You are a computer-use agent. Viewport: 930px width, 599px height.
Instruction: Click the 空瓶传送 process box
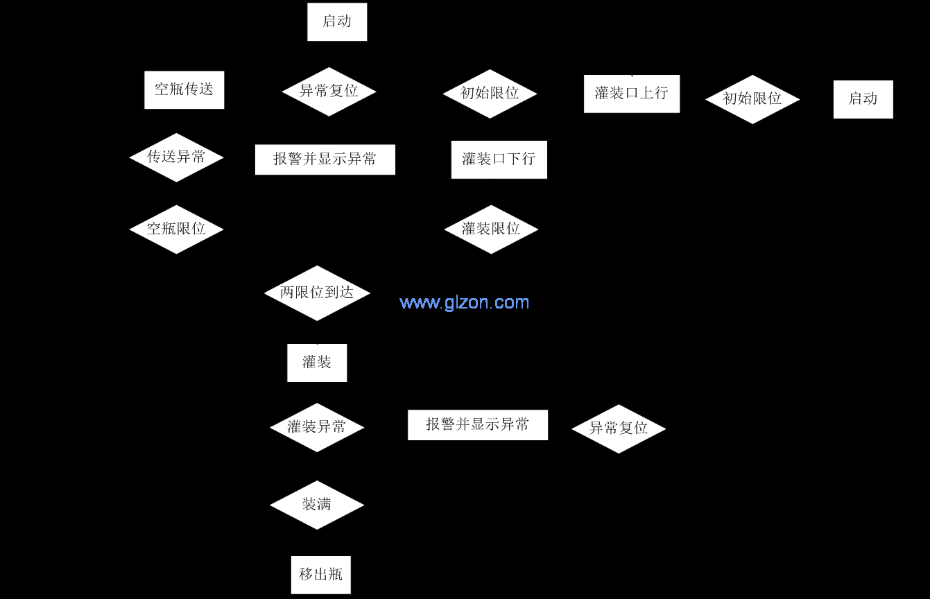[x=184, y=89]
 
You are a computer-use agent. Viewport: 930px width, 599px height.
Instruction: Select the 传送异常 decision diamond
[x=176, y=157]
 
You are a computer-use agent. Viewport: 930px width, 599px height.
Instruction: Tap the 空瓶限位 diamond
[x=176, y=229]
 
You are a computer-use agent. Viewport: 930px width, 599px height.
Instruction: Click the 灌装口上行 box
[x=631, y=94]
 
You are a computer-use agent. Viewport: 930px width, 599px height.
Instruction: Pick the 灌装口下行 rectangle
[x=499, y=159]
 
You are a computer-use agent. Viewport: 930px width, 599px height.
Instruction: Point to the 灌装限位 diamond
[x=491, y=229]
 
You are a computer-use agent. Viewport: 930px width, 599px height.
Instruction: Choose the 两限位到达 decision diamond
[x=317, y=293]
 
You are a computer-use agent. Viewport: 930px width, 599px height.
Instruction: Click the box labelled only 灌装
[x=317, y=363]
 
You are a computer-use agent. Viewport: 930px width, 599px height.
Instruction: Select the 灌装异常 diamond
[x=317, y=427]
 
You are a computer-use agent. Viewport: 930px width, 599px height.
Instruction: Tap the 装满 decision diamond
[x=317, y=505]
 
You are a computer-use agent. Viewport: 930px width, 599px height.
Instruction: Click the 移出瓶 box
[x=320, y=575]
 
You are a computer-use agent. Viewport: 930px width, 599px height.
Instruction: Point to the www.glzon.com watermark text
[x=465, y=302]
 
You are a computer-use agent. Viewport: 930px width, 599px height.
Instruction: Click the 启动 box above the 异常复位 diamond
[x=337, y=21]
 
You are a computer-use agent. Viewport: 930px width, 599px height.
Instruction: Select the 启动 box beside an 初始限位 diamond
[x=863, y=99]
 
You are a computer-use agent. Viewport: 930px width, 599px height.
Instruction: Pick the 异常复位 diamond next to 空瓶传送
[x=329, y=92]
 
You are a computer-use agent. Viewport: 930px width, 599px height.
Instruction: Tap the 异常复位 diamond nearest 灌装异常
[x=619, y=428]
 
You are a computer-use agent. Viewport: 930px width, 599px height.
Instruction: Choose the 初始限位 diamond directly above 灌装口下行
[x=490, y=94]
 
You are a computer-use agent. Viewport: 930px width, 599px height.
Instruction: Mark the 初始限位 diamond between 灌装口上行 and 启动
[x=752, y=99]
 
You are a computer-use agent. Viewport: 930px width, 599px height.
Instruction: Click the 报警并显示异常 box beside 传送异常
[x=325, y=159]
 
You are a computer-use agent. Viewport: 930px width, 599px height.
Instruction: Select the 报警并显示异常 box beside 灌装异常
[x=477, y=425]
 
